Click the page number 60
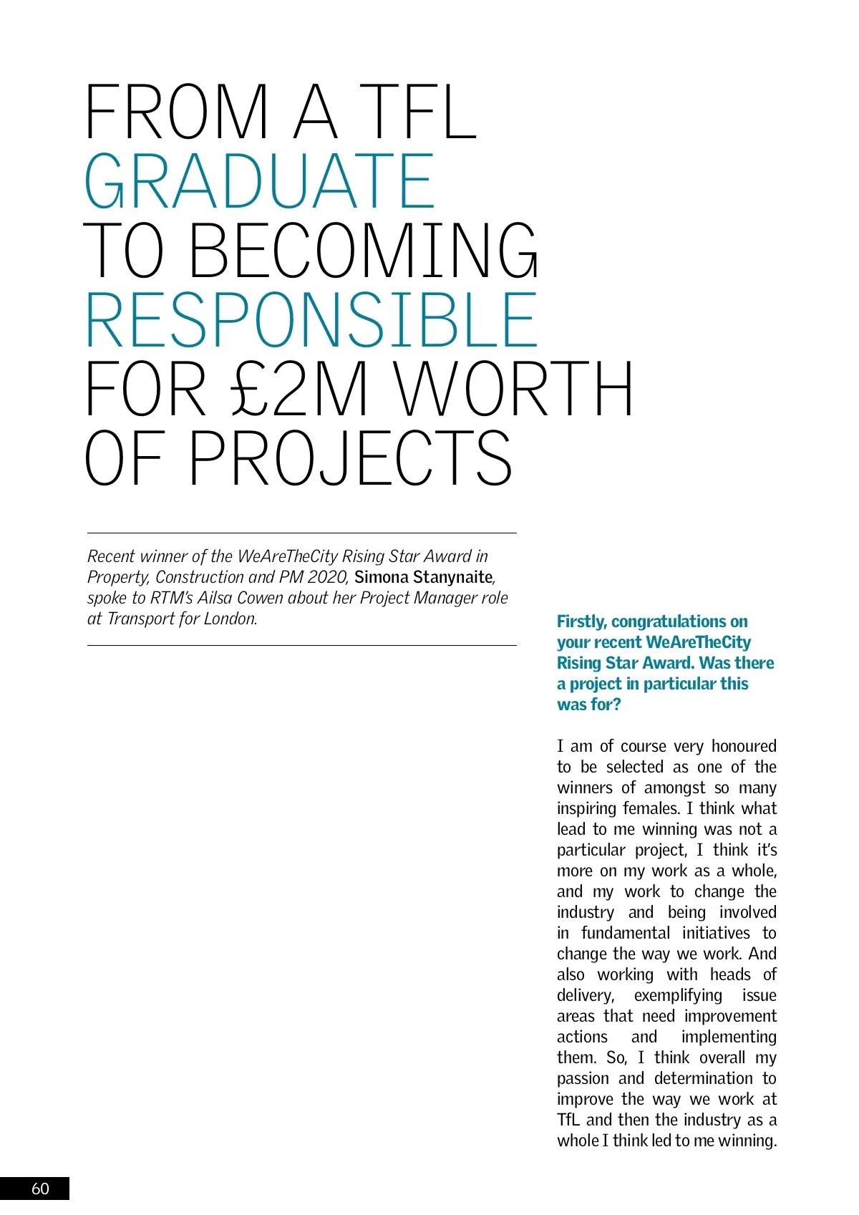[x=40, y=1189]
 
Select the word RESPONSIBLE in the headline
[x=311, y=320]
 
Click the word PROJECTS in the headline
[x=350, y=459]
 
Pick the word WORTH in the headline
[x=514, y=389]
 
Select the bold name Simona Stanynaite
[x=423, y=577]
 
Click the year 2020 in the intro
[x=327, y=577]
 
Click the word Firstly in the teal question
[x=581, y=621]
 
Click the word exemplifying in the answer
[x=678, y=995]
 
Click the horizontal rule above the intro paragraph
[x=301, y=533]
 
